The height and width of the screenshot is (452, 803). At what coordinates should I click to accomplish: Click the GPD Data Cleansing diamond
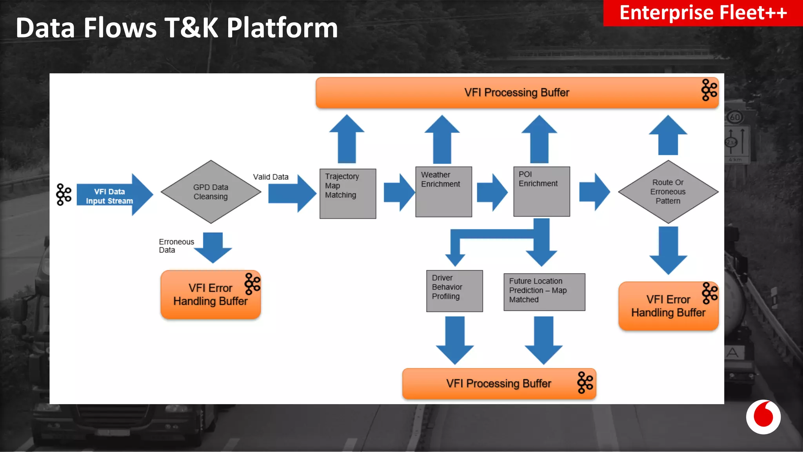coord(211,192)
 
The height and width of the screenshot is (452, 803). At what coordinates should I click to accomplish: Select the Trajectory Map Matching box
coord(347,193)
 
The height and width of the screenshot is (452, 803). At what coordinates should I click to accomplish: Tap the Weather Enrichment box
coord(443,192)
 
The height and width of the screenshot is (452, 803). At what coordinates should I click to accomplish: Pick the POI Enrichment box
coord(541,191)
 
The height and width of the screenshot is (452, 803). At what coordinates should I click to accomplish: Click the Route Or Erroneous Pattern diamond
coord(668,192)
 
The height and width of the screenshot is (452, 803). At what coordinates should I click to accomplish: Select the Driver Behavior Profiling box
coord(454,291)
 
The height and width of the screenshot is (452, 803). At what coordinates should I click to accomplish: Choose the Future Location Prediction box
coord(544,292)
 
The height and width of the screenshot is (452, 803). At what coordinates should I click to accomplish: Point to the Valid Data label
coord(271,177)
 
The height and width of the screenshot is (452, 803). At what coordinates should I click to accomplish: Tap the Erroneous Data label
coord(176,246)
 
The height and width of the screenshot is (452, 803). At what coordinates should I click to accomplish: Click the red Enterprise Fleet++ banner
coord(703,13)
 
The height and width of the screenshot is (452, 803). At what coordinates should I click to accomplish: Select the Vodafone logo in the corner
coord(763,417)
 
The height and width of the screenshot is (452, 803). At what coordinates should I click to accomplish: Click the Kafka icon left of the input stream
coord(64,194)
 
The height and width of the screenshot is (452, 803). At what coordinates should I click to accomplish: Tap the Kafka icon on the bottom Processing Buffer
coord(585,383)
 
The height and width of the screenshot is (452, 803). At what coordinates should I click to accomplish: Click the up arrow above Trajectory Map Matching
coord(347,139)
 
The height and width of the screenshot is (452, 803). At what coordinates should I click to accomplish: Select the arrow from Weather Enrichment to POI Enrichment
coord(492,193)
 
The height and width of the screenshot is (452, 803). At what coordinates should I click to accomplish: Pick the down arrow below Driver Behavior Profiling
coord(455,339)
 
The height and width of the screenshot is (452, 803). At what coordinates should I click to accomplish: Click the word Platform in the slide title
coord(282,28)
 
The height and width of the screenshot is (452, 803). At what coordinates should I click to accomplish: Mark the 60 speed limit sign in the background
coord(735,117)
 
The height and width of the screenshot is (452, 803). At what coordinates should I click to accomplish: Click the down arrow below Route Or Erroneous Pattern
coord(668,250)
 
